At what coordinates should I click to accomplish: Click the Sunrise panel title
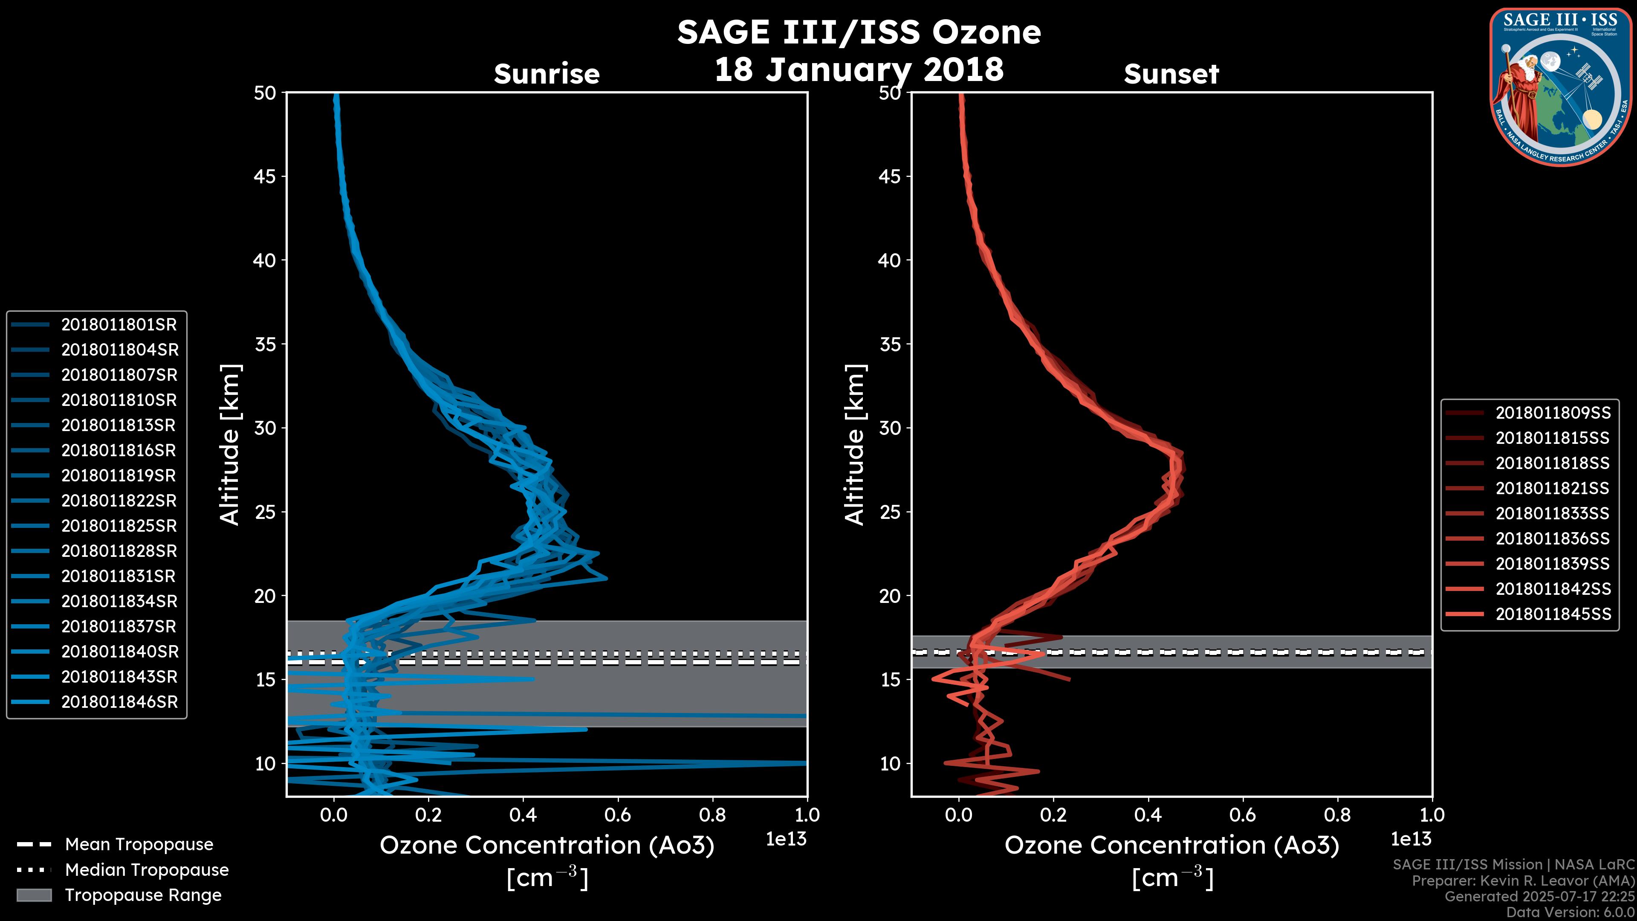tap(547, 74)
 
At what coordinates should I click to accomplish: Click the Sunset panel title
tap(1171, 74)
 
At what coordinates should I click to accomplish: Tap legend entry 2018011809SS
tap(1553, 413)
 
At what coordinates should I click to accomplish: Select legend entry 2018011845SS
tap(1553, 614)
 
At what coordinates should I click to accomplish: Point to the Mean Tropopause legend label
tap(139, 845)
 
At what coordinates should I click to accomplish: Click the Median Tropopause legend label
tap(147, 870)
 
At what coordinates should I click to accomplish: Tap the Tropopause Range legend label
tap(143, 895)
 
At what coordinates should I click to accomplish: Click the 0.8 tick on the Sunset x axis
tap(1337, 815)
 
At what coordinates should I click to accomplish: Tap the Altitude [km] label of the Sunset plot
tap(855, 445)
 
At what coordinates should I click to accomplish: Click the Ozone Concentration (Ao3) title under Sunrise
tap(547, 846)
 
